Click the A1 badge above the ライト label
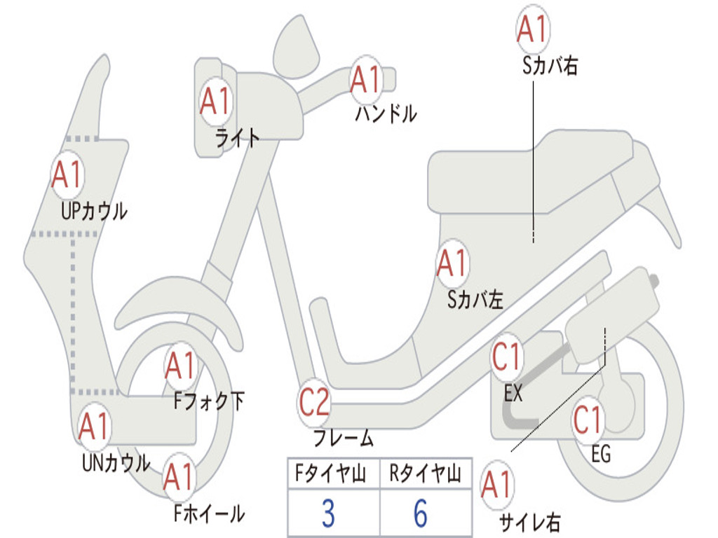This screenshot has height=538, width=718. (215, 102)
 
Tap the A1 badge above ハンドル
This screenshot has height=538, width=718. (365, 79)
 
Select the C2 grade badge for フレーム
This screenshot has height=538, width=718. (314, 403)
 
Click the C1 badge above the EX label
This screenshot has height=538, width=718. (507, 358)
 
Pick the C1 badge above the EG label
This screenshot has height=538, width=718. (588, 420)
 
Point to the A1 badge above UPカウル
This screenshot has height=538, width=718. (67, 175)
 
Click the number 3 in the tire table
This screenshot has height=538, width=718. (327, 514)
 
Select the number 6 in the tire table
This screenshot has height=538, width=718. (420, 514)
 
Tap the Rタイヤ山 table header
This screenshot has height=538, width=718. (425, 475)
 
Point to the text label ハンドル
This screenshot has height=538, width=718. (386, 113)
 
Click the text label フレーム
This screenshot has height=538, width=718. (344, 439)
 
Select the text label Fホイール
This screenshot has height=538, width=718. (209, 513)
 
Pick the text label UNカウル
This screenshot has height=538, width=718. (116, 462)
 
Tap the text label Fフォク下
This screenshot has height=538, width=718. (209, 401)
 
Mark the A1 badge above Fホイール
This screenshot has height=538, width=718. (179, 478)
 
